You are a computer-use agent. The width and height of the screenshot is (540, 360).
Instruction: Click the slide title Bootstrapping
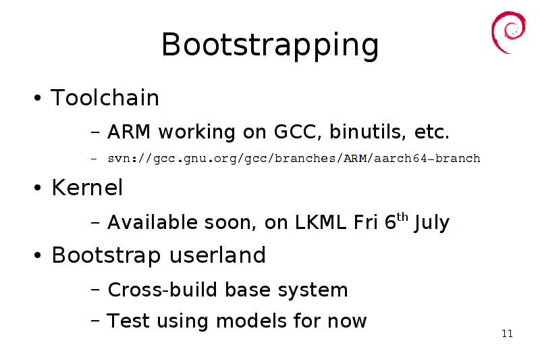click(270, 45)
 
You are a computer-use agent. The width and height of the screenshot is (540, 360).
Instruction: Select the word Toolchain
click(105, 97)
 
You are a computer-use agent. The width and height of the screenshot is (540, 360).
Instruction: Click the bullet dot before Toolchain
click(38, 98)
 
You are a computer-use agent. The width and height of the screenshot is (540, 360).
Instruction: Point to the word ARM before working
click(129, 132)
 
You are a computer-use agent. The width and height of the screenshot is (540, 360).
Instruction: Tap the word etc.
click(432, 132)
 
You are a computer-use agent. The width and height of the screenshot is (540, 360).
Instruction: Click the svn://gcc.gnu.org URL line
click(294, 159)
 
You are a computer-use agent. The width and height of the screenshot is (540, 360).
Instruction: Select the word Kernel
click(87, 188)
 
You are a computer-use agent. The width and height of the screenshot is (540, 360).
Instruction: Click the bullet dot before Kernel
click(38, 188)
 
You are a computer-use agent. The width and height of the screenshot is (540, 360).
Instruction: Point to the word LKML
click(320, 222)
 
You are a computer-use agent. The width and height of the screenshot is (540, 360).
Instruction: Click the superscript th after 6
click(402, 217)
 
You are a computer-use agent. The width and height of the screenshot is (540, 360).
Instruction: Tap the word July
click(432, 223)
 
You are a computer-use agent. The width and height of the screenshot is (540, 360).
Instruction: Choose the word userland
click(217, 255)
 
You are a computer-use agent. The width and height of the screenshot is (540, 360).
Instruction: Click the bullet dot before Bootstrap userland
click(38, 255)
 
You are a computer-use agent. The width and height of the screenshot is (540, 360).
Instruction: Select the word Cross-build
click(163, 290)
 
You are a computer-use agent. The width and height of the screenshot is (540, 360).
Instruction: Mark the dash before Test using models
click(95, 321)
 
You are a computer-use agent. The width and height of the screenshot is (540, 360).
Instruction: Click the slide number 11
click(508, 334)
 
